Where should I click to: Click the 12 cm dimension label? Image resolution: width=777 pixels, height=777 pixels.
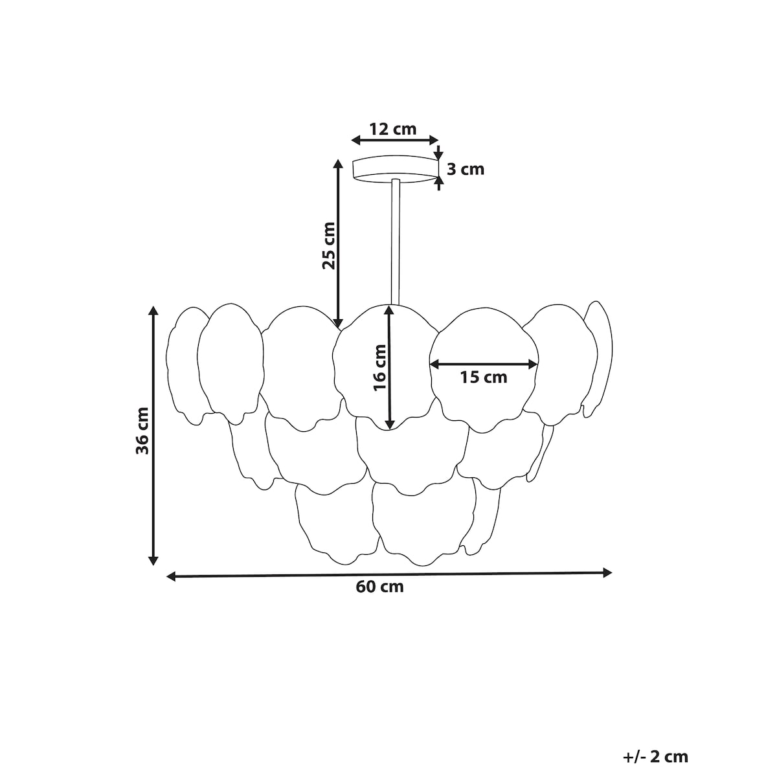point(393,129)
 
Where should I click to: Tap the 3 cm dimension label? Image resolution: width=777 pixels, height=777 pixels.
point(466,170)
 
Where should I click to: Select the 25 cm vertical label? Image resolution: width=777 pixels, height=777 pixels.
point(329,245)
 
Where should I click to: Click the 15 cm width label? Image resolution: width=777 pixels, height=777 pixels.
point(484,377)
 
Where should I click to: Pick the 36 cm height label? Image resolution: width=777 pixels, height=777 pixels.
point(142,431)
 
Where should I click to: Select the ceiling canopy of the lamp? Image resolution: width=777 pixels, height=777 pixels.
point(395,170)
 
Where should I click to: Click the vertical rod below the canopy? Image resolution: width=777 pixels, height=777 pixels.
point(395,242)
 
